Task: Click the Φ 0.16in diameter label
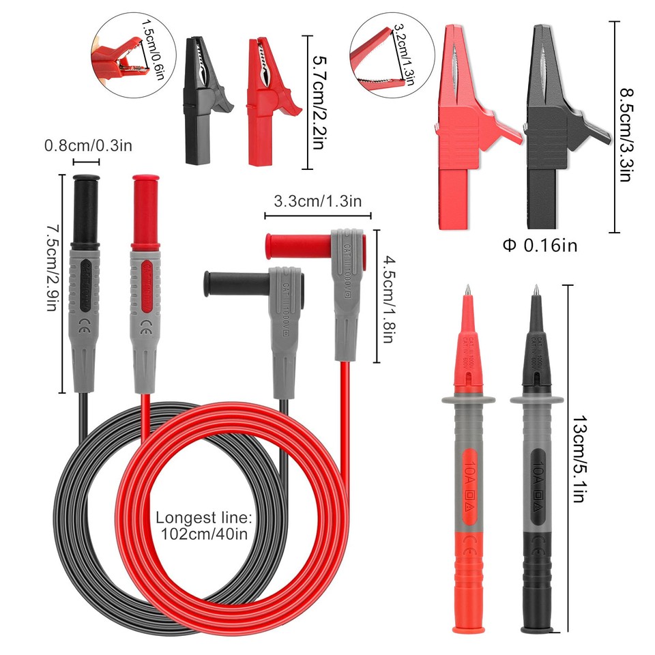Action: click(x=539, y=245)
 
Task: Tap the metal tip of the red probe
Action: click(x=467, y=291)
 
